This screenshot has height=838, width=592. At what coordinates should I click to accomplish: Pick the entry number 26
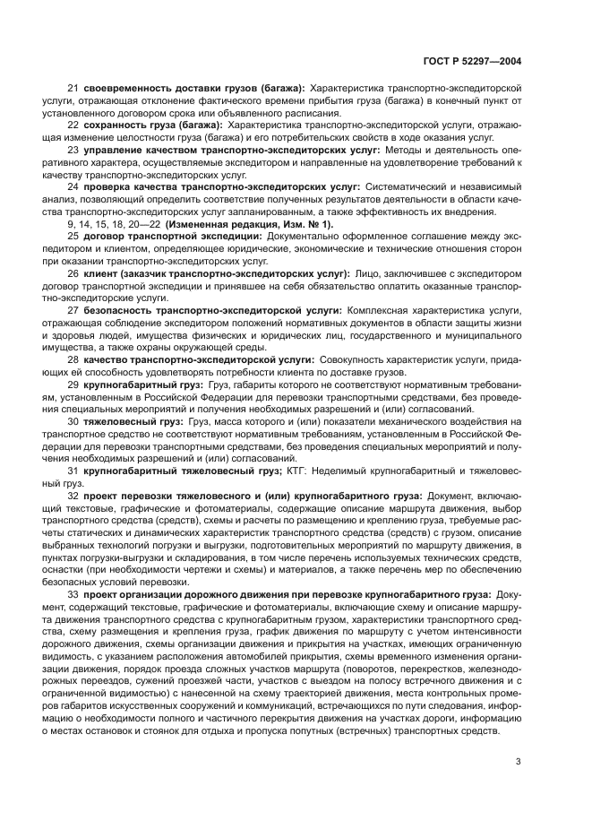(x=73, y=272)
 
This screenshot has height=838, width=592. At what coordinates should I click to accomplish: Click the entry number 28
(x=73, y=358)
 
